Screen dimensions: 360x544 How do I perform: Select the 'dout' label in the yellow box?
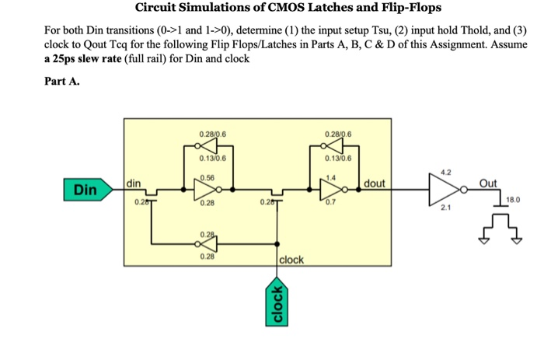click(x=375, y=183)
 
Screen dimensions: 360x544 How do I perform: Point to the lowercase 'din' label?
click(x=134, y=183)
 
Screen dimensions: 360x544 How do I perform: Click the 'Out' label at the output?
click(x=488, y=183)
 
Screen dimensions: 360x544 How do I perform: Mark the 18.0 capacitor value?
click(x=513, y=200)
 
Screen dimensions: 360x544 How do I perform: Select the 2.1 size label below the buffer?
click(x=445, y=208)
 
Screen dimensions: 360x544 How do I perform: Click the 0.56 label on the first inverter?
click(x=207, y=177)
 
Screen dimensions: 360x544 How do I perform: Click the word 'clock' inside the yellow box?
click(x=291, y=259)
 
